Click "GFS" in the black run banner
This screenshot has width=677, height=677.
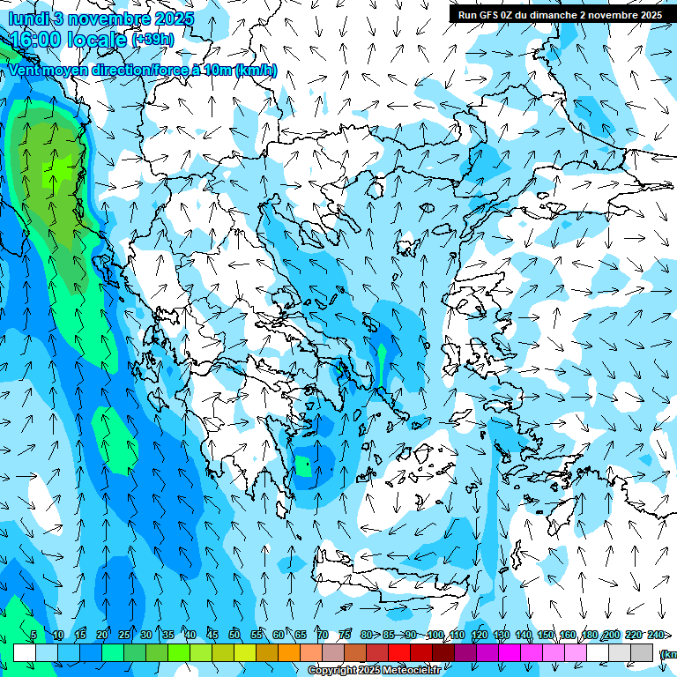pos(488,15)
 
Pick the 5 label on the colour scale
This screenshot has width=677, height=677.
pos(33,636)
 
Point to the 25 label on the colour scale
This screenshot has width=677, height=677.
pos(123,636)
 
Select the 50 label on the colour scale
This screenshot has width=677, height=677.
pos(234,636)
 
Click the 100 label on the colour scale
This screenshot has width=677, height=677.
pos(435,636)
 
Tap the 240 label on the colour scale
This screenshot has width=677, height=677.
pos(656,636)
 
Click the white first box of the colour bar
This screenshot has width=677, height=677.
pos(24,652)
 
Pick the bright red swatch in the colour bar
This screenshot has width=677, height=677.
pos(398,652)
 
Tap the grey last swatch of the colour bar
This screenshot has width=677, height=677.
pos(642,652)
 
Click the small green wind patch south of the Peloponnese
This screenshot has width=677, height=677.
pos(304,466)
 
